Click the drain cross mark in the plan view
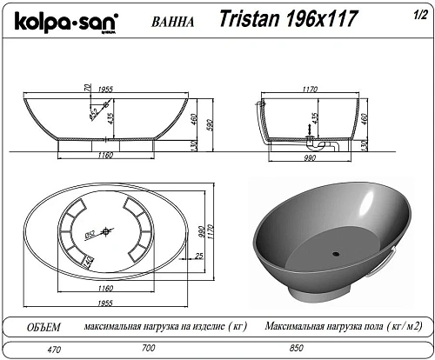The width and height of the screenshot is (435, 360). [x=107, y=230]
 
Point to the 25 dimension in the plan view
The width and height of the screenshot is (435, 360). [x=199, y=256]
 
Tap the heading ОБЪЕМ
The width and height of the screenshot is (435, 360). [x=43, y=328]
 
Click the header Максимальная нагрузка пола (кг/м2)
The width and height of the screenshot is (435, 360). [x=333, y=328]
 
